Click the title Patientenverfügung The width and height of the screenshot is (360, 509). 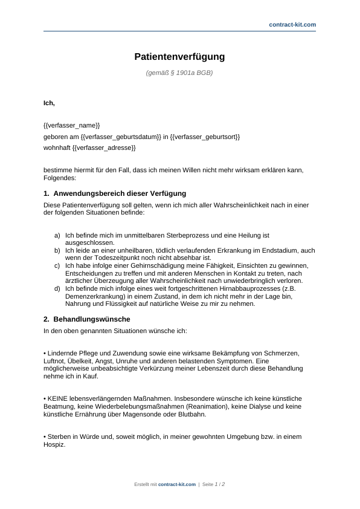pos(179,57)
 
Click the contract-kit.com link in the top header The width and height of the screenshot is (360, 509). pos(292,24)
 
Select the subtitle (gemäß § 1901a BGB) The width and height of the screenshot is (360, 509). pos(179,73)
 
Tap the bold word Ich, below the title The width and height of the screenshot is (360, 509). pos(49,103)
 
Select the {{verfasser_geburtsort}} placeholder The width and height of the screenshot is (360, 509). pos(205,137)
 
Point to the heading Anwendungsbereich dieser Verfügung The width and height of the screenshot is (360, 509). pos(120,193)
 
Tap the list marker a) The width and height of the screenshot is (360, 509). pos(57,235)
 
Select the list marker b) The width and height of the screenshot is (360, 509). pos(57,250)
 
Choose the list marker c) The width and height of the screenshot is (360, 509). pos(57,265)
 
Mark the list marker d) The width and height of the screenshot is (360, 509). pos(57,288)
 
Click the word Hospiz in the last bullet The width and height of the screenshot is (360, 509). pos(53,444)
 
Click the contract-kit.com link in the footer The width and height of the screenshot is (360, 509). pos(177,484)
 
